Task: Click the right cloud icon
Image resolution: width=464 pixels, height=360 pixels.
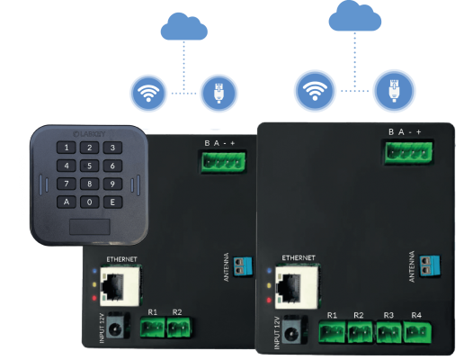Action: (352, 16)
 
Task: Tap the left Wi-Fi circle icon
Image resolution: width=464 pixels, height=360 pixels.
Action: (148, 91)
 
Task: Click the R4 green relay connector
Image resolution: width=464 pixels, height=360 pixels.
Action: (415, 336)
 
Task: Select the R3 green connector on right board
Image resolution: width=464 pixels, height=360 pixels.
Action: (388, 336)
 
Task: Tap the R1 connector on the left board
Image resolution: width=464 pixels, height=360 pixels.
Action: (152, 329)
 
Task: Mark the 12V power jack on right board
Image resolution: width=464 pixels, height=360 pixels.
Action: (292, 338)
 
